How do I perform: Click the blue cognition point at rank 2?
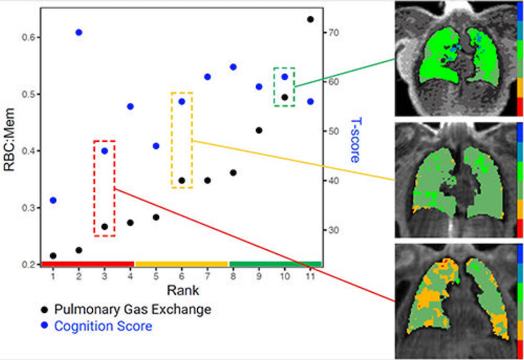(79, 33)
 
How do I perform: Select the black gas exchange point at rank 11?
(310, 19)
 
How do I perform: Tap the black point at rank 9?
(259, 130)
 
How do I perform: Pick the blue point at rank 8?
(233, 67)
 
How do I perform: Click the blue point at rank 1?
(53, 201)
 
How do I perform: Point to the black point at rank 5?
(156, 217)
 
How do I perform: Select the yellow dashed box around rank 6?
(172, 140)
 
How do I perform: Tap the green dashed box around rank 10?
(274, 87)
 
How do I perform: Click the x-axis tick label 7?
(208, 277)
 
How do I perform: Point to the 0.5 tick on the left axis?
(29, 95)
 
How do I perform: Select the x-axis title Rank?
(183, 290)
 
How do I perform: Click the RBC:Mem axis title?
(9, 139)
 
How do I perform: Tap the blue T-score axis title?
(355, 140)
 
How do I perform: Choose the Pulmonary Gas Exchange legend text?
(132, 309)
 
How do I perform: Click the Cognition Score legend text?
(103, 326)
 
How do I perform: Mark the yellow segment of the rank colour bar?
(181, 264)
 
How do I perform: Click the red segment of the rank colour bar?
(88, 264)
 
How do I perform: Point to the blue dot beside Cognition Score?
(44, 325)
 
